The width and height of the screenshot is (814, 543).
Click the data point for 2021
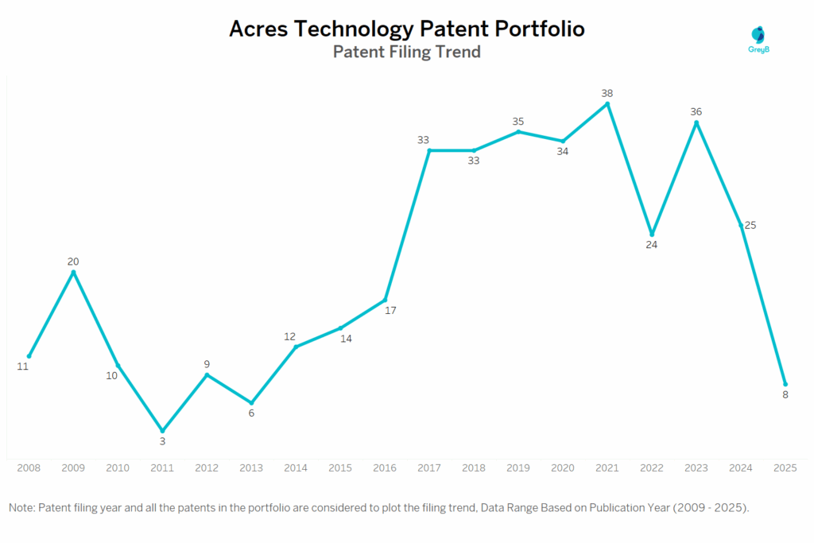(607, 104)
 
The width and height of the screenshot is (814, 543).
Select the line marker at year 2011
(162, 431)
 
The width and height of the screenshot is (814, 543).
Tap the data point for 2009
(73, 273)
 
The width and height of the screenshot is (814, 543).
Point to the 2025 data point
(785, 384)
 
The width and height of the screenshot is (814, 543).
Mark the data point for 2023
(696, 122)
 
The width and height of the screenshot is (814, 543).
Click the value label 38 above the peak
(607, 93)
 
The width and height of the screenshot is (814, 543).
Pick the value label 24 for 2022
(652, 245)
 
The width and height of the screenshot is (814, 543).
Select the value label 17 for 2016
(390, 311)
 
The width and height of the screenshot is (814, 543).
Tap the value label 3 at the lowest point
(162, 441)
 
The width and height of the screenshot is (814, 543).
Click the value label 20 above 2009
(73, 262)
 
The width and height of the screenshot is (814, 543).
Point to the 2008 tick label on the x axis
(29, 469)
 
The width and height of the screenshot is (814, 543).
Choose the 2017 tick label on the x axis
(429, 469)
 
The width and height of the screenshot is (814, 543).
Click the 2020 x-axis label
(563, 469)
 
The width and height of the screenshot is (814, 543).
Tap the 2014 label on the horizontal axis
(296, 469)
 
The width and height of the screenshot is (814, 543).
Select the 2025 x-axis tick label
(785, 469)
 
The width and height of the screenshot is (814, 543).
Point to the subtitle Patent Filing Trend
(406, 52)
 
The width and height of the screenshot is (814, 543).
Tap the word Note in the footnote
(21, 507)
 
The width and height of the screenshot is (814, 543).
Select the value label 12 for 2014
(289, 336)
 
